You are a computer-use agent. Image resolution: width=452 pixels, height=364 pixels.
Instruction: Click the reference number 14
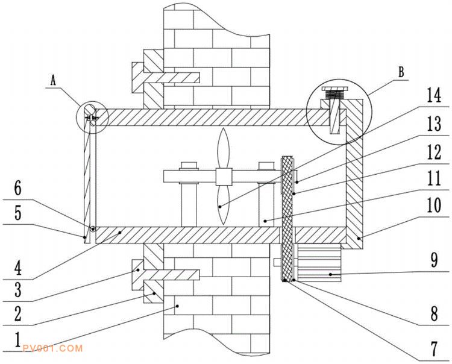(x=433, y=95)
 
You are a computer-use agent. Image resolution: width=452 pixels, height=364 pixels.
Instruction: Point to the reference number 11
(x=433, y=179)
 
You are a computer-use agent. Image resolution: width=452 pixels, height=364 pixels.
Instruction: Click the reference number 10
(x=433, y=206)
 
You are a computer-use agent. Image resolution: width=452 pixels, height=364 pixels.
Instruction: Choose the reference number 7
(x=433, y=348)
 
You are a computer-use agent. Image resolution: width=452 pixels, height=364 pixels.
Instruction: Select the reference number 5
(x=17, y=214)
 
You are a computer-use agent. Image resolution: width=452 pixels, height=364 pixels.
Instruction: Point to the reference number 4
(x=17, y=266)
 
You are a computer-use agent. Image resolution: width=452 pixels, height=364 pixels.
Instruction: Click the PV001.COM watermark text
(x=51, y=349)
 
